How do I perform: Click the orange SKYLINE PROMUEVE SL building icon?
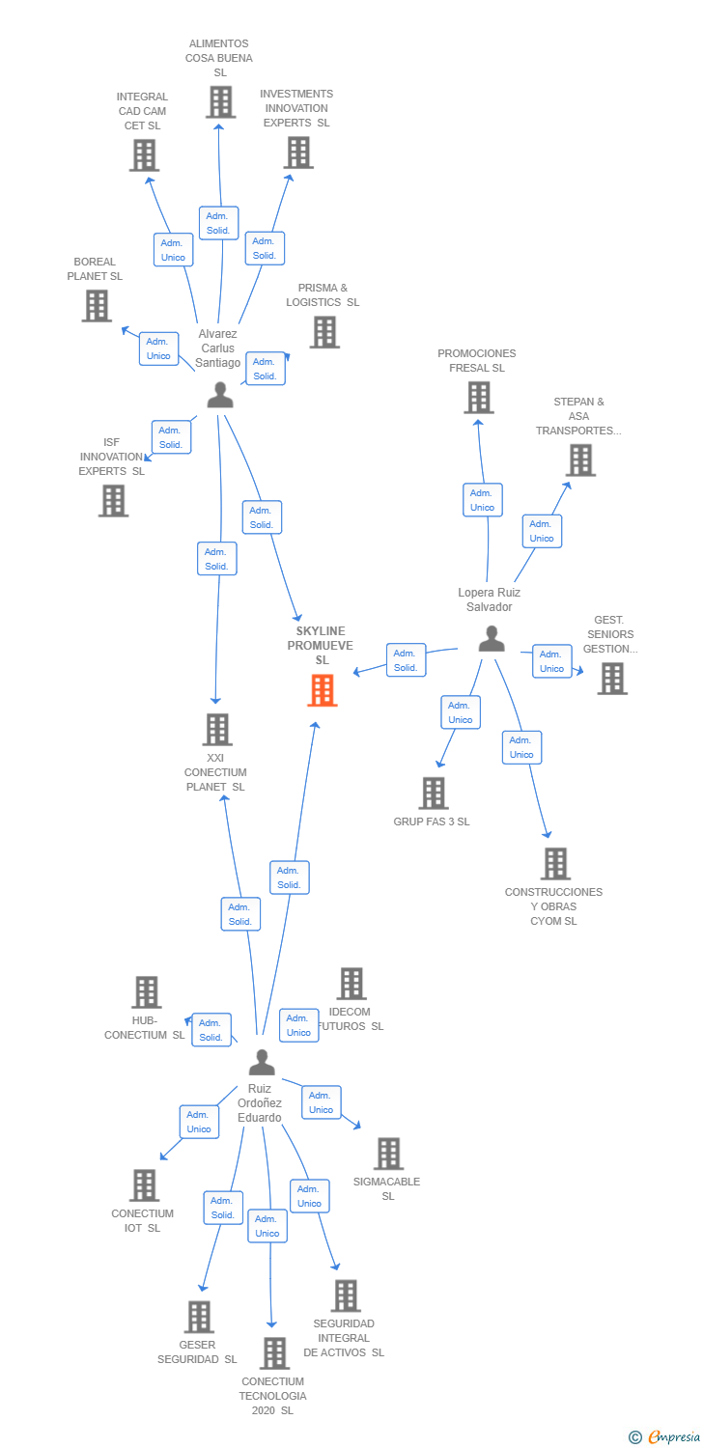pyautogui.click(x=323, y=690)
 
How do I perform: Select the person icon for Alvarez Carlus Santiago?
pyautogui.click(x=220, y=395)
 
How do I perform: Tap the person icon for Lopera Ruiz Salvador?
pyautogui.click(x=492, y=638)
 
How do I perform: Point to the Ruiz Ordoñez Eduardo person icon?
pyautogui.click(x=262, y=1062)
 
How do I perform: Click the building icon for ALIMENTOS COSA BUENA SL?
pyautogui.click(x=220, y=101)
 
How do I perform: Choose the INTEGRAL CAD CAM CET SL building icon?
pyautogui.click(x=144, y=154)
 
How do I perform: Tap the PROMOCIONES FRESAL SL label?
pyautogui.click(x=476, y=360)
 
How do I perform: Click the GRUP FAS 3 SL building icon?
pyautogui.click(x=434, y=793)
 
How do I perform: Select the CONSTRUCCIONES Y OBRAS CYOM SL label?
pyautogui.click(x=553, y=906)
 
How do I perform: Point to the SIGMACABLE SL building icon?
pyautogui.click(x=388, y=1153)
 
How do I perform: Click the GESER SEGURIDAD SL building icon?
pyautogui.click(x=198, y=1316)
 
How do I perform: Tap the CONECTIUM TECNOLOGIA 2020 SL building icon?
pyautogui.click(x=274, y=1352)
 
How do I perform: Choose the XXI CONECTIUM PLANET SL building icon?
pyautogui.click(x=218, y=729)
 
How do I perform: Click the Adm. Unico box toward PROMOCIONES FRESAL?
pyautogui.click(x=482, y=500)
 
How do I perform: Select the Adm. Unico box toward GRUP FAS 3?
pyautogui.click(x=461, y=712)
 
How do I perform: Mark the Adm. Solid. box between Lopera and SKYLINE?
pyautogui.click(x=406, y=660)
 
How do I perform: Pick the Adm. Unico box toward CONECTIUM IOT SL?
pyautogui.click(x=199, y=1122)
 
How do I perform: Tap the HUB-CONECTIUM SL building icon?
pyautogui.click(x=146, y=991)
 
